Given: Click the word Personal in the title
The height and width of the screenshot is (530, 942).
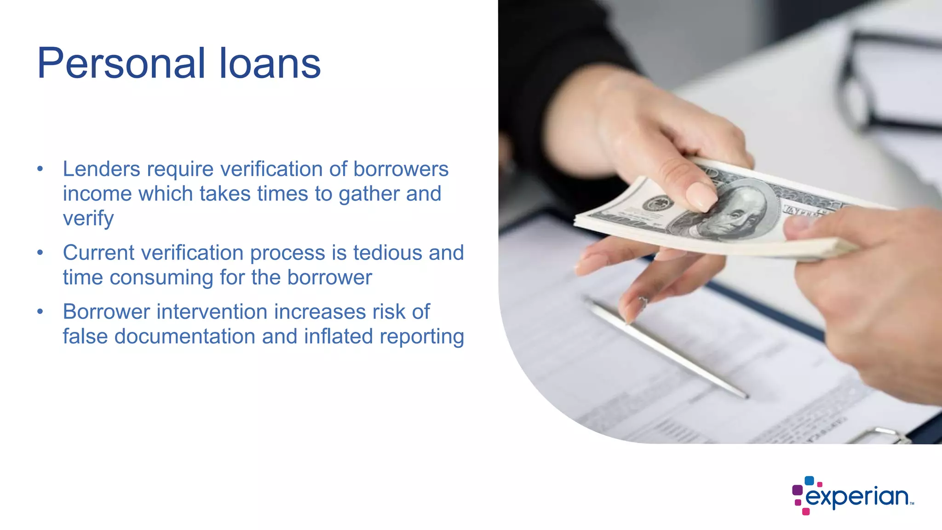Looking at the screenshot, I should (121, 63).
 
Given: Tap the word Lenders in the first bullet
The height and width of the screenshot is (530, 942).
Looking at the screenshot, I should (101, 169).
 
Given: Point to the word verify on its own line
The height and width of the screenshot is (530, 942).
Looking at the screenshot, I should (88, 219).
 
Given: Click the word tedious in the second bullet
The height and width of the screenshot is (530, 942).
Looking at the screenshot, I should (388, 253).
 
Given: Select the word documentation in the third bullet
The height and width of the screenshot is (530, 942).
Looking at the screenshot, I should (184, 336).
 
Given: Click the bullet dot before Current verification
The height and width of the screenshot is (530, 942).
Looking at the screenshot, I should (40, 253).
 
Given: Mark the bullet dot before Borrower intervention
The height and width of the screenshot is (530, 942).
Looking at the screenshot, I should (40, 311).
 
